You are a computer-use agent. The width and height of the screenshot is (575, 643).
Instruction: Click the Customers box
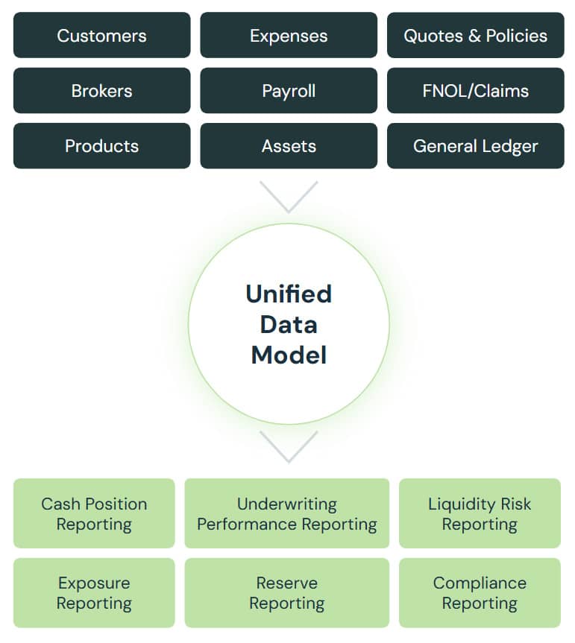[101, 35]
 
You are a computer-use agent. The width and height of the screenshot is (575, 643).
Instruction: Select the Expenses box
[289, 35]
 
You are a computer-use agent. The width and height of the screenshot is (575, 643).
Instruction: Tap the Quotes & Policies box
[475, 35]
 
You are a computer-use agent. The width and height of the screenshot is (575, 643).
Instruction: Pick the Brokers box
[101, 91]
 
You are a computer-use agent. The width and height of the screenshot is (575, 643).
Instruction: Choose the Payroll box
[289, 91]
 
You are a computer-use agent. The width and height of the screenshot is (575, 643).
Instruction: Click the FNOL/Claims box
[475, 91]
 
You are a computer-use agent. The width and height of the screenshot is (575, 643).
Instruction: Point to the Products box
[101, 146]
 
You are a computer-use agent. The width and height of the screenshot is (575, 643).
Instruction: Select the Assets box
[289, 146]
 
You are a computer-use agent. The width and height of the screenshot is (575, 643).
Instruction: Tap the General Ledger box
[475, 146]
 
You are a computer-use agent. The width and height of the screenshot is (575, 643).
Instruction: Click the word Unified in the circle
[289, 294]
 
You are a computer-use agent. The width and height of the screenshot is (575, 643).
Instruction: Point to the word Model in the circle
[289, 355]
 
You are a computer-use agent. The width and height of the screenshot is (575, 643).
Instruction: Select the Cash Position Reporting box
[94, 514]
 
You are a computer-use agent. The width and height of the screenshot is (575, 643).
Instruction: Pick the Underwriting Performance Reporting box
[287, 514]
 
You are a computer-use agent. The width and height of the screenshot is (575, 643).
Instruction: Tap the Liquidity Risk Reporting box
[480, 514]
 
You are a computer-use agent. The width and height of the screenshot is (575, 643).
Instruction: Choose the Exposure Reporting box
[94, 593]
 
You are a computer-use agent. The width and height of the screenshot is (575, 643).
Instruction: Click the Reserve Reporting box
[287, 593]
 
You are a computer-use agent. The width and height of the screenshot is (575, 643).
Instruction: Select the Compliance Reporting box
[480, 593]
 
